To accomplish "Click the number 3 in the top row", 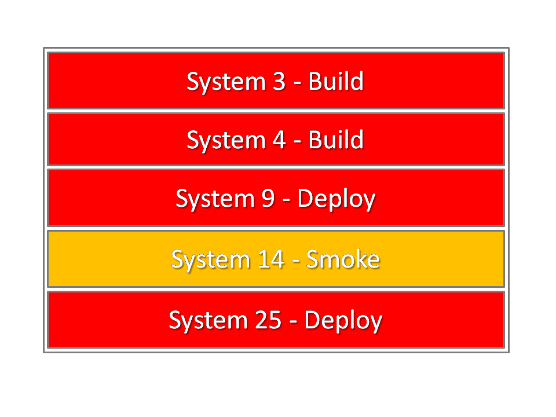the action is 279,81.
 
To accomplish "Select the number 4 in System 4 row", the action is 279,140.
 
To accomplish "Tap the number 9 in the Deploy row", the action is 268,198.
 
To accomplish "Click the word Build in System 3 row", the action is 336,81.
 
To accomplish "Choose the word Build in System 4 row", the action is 336,140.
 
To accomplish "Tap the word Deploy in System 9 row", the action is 336,199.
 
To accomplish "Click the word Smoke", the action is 343,259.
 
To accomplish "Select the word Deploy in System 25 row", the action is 343,321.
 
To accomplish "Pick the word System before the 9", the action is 215,200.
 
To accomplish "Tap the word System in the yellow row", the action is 211,260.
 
